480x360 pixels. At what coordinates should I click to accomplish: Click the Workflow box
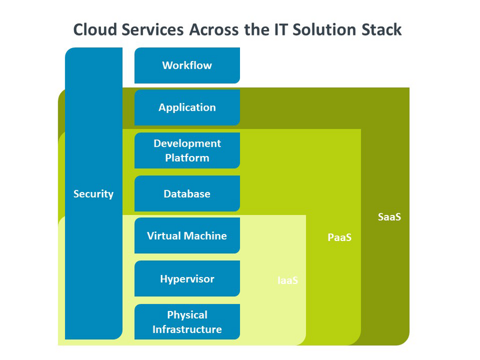click(187, 65)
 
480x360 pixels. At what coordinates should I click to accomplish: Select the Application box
click(187, 107)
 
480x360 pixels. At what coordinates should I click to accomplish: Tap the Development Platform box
click(187, 151)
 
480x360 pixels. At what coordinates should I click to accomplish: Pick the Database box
click(187, 194)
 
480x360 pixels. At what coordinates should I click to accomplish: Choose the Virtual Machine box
click(187, 236)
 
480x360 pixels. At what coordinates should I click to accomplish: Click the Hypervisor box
click(187, 279)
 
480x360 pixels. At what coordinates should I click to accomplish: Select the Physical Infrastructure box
click(187, 322)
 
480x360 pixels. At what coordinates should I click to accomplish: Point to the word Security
click(93, 194)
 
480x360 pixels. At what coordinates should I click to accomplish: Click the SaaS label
click(389, 217)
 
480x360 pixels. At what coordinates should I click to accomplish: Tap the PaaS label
click(339, 237)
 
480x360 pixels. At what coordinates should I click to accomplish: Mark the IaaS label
click(287, 281)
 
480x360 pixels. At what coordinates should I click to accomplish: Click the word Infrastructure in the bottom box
click(187, 329)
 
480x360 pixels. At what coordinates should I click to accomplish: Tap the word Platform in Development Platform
click(187, 158)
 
